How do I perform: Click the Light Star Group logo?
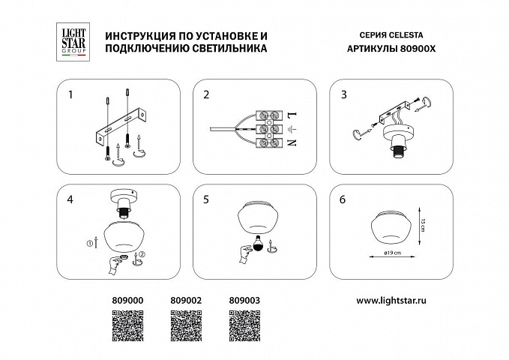73,42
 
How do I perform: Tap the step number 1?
70,94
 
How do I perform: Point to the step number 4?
70,199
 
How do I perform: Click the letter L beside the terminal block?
292,115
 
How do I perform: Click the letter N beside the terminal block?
292,142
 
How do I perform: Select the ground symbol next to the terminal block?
292,129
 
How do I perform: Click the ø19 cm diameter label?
392,253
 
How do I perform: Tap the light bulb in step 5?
258,242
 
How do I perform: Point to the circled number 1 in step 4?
90,243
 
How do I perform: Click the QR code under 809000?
128,325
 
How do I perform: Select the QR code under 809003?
245,325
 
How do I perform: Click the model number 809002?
186,301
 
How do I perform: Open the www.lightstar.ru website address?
391,301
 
